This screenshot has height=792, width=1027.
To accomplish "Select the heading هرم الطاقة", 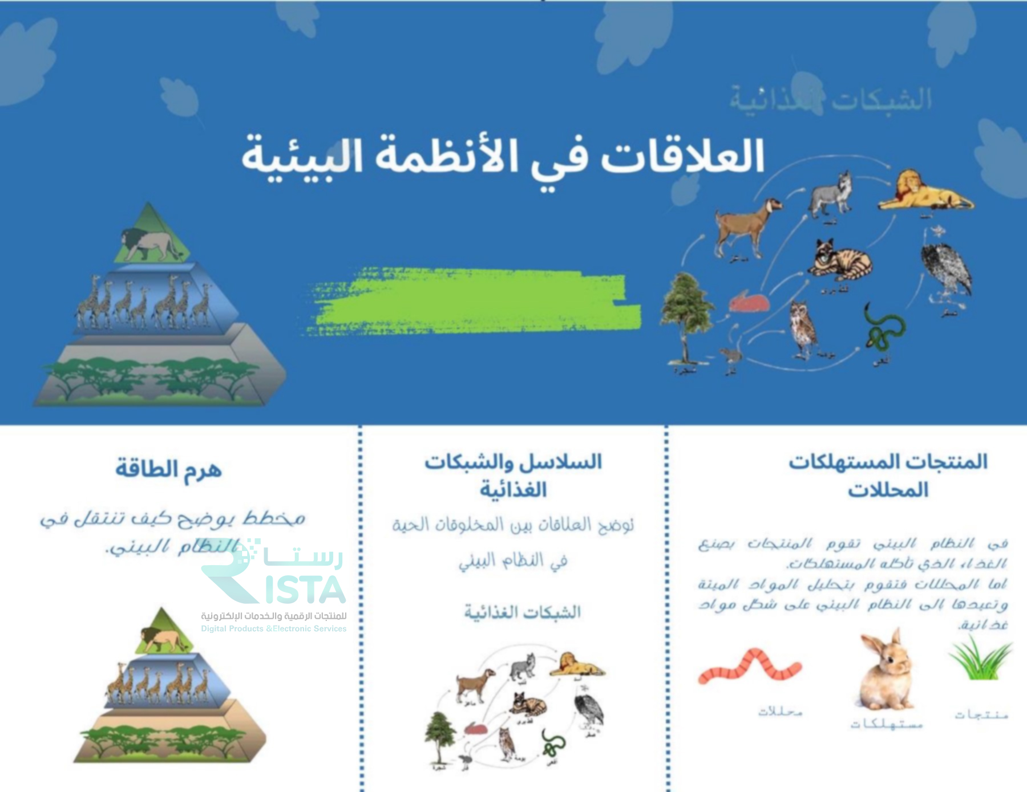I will [168, 469].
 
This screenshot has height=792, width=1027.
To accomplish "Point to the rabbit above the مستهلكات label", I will [886, 670].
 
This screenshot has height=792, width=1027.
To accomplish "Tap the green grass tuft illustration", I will [980, 659].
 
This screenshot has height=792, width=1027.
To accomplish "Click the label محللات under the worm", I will [780, 712].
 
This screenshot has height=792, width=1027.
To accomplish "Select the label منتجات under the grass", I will [981, 714].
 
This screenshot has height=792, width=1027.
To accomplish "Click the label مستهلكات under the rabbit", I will [886, 724].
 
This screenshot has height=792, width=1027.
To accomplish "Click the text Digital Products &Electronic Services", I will [273, 628].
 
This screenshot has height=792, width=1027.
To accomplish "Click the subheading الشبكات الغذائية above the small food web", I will [522, 612].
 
